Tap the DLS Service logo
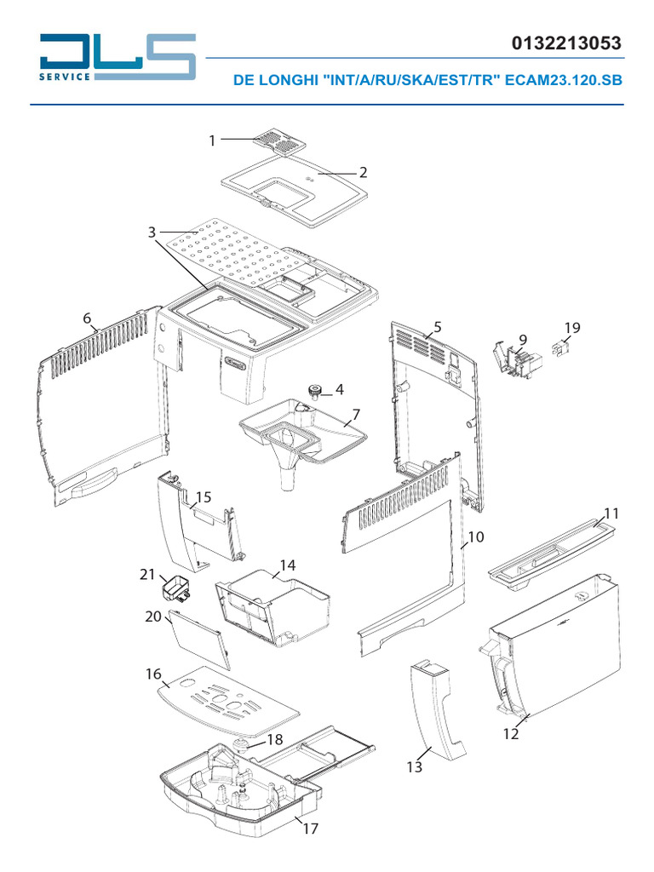(x=117, y=57)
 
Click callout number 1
(x=213, y=141)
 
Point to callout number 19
(x=572, y=328)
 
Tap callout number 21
(x=147, y=575)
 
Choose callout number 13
(x=414, y=767)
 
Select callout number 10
(x=476, y=537)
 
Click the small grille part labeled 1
(x=279, y=141)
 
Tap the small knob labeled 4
(x=315, y=392)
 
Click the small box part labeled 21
(x=175, y=588)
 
